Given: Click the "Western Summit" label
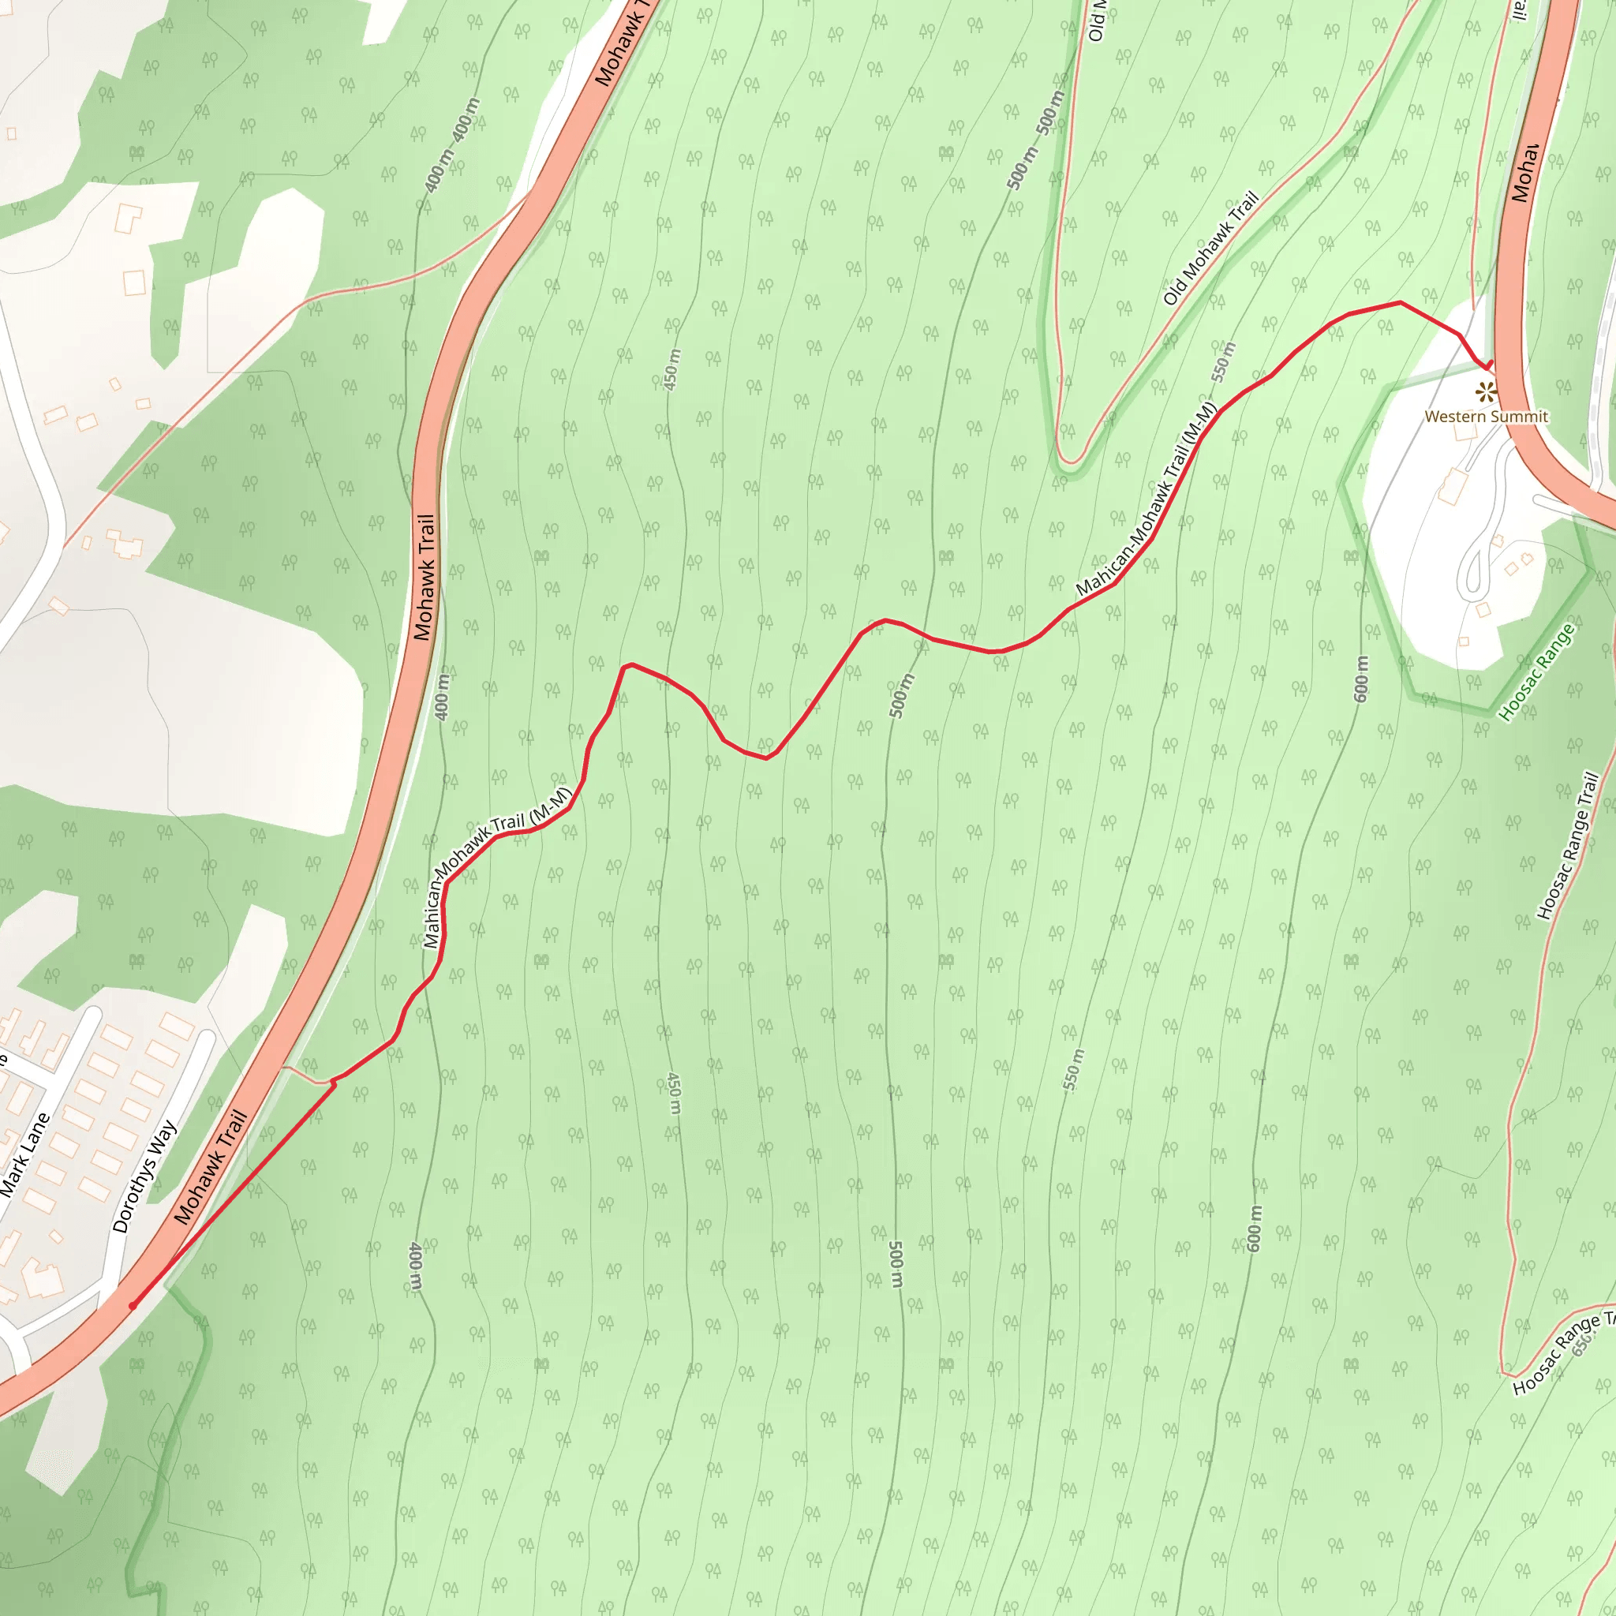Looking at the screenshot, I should click(1486, 417).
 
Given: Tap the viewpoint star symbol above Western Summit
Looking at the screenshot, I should click(1484, 391).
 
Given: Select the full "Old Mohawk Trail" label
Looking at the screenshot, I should click(1210, 249).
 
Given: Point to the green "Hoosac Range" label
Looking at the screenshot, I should click(1536, 672).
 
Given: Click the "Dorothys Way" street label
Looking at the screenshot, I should click(144, 1176).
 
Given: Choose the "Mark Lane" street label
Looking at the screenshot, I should click(25, 1155).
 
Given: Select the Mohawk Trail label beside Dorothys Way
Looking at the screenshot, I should click(211, 1168).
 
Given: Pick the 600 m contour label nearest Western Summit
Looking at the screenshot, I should click(1361, 679).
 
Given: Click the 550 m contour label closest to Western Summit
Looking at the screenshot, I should click(1223, 361).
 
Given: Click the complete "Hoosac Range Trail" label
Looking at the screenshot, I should click(1569, 846).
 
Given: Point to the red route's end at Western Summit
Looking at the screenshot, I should click(1490, 365).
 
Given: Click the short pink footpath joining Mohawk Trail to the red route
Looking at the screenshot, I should click(306, 1075).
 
